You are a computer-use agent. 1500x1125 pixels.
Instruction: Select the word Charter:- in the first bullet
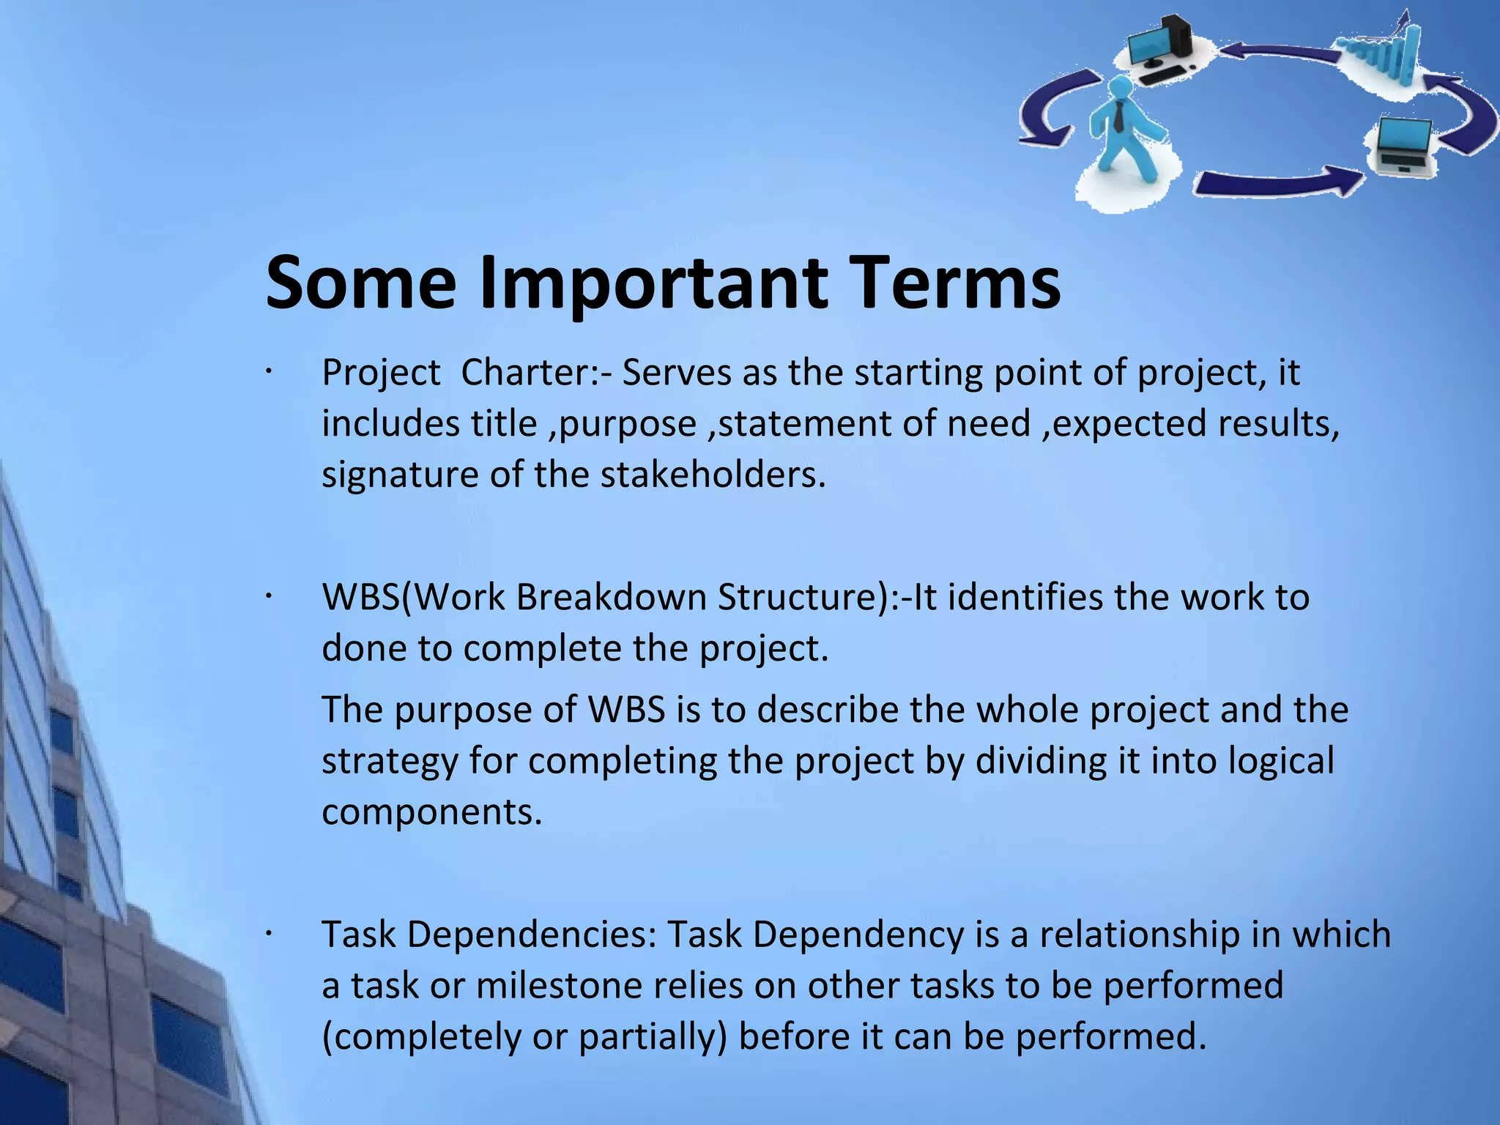[536, 373]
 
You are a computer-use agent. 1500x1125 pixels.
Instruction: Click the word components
[431, 812]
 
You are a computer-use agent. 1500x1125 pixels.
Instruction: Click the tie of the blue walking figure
[1119, 117]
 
